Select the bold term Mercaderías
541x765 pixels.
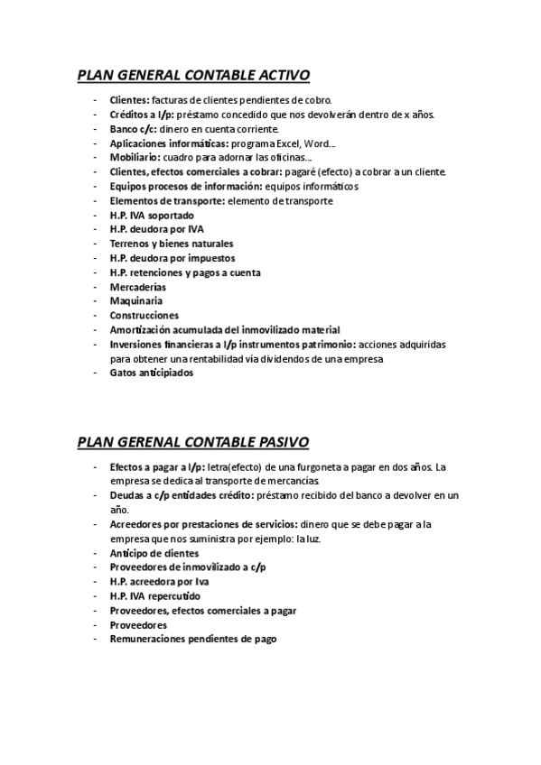click(x=138, y=287)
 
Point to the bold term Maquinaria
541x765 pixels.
click(x=135, y=301)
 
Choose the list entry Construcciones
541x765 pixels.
click(x=144, y=316)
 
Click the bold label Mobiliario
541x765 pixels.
click(x=135, y=157)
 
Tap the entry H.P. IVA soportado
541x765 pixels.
click(x=151, y=215)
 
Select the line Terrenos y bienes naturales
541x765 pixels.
click(x=172, y=244)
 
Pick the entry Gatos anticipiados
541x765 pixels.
click(x=152, y=373)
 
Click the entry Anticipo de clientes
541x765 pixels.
click(x=154, y=553)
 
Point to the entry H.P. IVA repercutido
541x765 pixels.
click(x=155, y=596)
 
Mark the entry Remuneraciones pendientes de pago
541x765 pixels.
click(x=192, y=640)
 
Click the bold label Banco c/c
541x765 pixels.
click(x=132, y=128)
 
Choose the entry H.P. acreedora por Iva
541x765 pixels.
click(x=157, y=582)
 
